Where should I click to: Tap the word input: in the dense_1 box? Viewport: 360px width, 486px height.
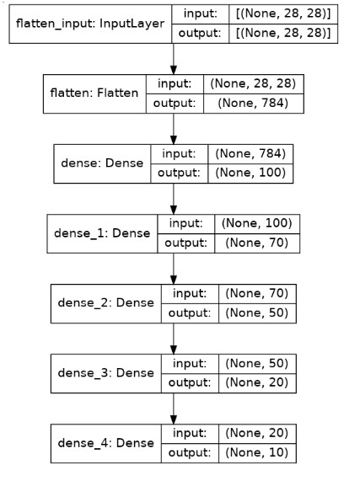(185, 223)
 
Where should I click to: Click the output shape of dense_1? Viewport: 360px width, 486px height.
(256, 243)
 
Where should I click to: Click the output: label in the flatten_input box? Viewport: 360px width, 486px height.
(199, 35)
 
